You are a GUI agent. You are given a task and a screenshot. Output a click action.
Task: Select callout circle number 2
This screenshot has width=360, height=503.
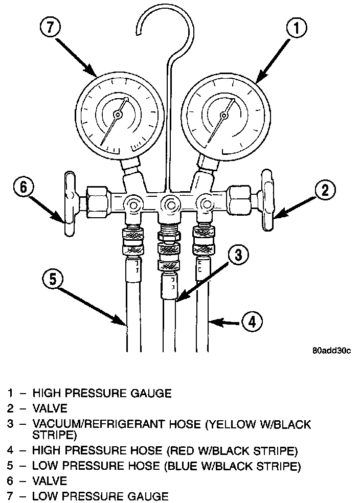[324, 191]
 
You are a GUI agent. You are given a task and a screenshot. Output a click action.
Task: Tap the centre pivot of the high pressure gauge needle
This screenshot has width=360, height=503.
[223, 115]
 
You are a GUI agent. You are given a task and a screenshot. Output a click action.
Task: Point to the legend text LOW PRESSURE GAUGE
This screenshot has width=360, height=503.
[100, 495]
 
